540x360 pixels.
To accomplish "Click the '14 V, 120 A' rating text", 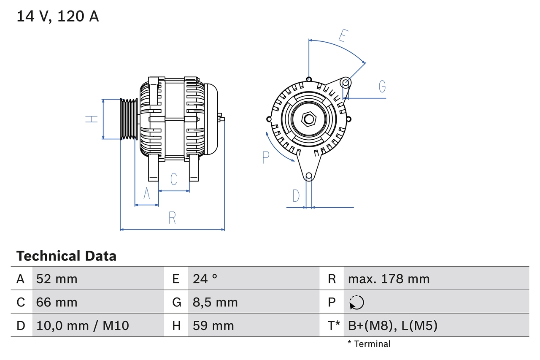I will (x=57, y=16).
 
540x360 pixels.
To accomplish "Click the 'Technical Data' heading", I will (x=66, y=256).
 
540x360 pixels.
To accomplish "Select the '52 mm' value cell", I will (x=57, y=279).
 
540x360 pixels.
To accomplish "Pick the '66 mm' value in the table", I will (x=57, y=302).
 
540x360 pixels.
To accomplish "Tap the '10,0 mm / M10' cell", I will (x=83, y=325).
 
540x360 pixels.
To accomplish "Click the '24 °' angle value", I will (x=205, y=279).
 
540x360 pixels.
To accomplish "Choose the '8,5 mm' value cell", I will (x=215, y=302).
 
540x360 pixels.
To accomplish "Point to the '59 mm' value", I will (x=213, y=325).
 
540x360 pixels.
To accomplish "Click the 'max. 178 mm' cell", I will (x=389, y=279).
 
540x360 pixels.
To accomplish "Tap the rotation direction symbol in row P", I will (x=356, y=302).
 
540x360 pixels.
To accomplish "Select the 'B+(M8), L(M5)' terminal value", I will (x=392, y=325).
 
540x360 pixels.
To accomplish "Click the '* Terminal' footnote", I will (x=369, y=344).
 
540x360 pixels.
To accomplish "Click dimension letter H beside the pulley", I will (x=92, y=119).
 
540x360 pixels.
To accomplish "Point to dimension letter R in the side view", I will (x=172, y=218).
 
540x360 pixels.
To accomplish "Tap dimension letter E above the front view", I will (x=343, y=36).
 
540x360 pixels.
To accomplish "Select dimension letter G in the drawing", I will (x=382, y=86).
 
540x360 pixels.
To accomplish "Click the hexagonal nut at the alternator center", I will (x=309, y=119).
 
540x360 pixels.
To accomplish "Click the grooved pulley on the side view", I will (x=129, y=119).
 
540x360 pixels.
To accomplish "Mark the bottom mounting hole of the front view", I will (x=309, y=176).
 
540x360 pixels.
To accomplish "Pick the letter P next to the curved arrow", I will (x=266, y=157).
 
